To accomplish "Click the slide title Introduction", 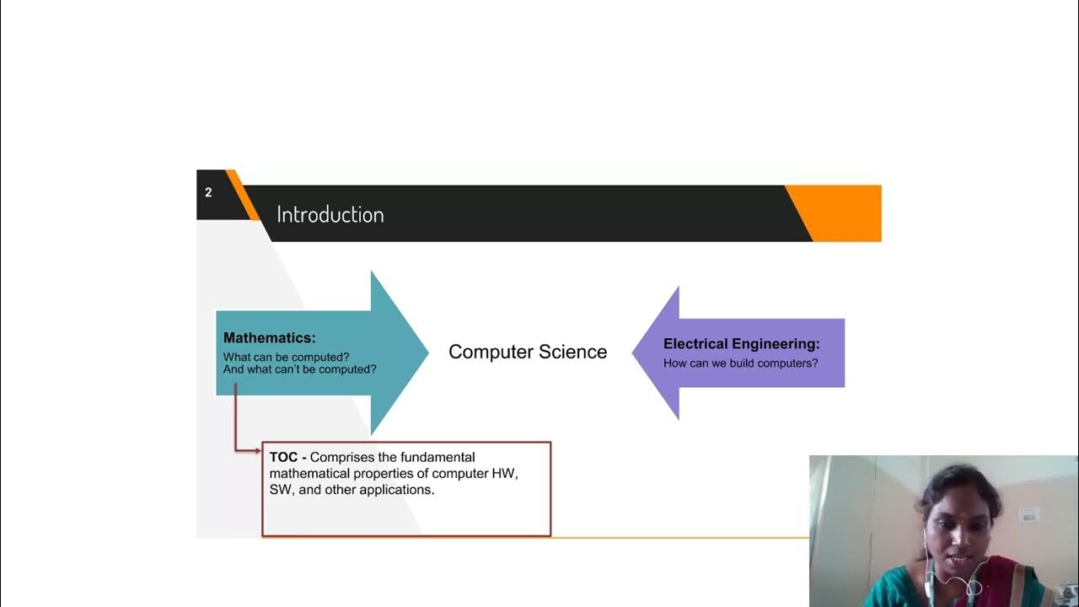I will [x=330, y=214].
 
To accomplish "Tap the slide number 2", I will [x=208, y=192].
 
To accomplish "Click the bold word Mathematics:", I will [x=269, y=337].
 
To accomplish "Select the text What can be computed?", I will [x=286, y=357].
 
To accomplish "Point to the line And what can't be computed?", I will [x=299, y=369].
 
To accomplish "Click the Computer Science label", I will [x=527, y=352].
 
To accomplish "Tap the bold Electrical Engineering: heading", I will [x=741, y=344].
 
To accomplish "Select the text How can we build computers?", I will [x=740, y=363].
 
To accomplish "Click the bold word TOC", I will [x=283, y=457].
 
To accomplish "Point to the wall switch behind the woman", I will [x=1028, y=513].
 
